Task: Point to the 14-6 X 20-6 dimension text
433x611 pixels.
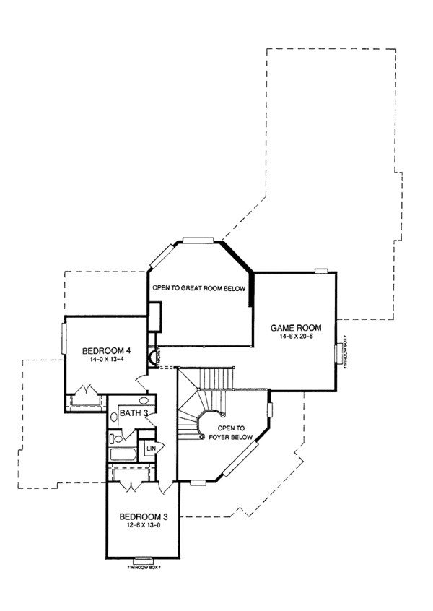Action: point(296,337)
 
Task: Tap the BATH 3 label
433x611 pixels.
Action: point(134,413)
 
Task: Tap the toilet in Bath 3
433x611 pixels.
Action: point(115,438)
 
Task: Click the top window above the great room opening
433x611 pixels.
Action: point(197,240)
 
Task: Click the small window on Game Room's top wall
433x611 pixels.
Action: point(321,272)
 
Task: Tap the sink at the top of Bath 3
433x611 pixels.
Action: point(144,399)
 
